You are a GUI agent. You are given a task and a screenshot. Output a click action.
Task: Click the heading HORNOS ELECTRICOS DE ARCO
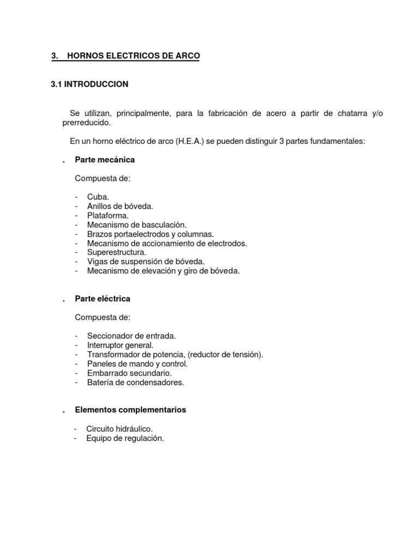click(133, 56)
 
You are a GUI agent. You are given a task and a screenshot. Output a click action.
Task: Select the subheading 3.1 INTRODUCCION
click(89, 84)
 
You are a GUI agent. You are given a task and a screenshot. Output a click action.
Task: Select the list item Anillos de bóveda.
click(120, 206)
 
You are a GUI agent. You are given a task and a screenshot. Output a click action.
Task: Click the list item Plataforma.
click(107, 215)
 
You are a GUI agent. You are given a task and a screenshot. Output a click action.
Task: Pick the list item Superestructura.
click(116, 252)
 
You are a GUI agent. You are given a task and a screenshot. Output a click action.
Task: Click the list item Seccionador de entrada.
click(131, 336)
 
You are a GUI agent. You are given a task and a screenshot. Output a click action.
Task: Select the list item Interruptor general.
click(120, 345)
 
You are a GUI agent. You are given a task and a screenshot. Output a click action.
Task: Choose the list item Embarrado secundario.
click(129, 373)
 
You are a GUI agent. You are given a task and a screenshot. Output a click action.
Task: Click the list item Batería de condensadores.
click(135, 383)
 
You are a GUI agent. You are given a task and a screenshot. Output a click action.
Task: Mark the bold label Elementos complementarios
click(130, 410)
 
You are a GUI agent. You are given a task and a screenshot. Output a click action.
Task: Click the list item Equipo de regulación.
click(125, 438)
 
